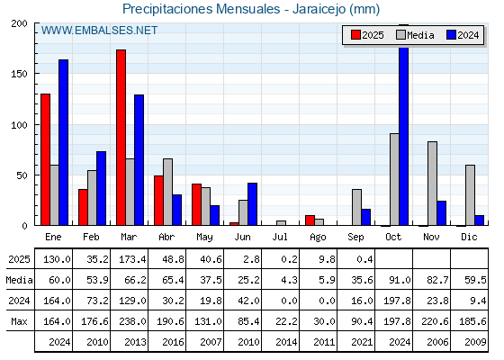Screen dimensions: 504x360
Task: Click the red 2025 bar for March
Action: (x=121, y=138)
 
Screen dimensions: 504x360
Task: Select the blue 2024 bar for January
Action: (x=63, y=142)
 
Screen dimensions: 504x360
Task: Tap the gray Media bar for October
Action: (x=394, y=179)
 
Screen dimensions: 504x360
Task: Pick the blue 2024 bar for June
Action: (x=252, y=204)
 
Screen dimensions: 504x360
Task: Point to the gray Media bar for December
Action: (x=470, y=195)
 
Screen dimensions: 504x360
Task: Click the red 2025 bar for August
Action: (x=310, y=220)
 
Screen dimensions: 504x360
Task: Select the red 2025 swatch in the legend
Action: (x=355, y=35)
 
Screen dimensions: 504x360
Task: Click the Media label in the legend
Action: (x=420, y=35)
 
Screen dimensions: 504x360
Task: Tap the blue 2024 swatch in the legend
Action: (x=451, y=35)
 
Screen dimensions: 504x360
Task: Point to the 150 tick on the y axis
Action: (x=19, y=74)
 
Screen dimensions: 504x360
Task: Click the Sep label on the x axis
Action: (x=355, y=238)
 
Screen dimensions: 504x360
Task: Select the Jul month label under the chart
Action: (x=280, y=237)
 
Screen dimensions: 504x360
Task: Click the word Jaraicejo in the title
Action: (x=319, y=9)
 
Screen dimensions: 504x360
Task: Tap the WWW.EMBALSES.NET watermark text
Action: (x=99, y=31)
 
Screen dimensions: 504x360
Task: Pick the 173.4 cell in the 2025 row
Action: (x=132, y=259)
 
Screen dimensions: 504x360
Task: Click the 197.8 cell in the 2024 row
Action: (x=397, y=301)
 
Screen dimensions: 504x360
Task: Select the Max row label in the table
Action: (x=19, y=321)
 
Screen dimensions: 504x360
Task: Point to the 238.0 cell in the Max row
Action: (x=132, y=321)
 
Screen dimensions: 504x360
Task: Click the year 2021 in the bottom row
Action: (x=362, y=342)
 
